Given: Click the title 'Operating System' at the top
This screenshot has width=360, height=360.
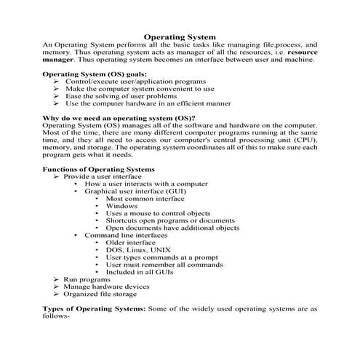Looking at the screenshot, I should click(180, 35).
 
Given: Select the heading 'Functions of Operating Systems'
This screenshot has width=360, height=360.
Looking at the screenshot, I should click(98, 169).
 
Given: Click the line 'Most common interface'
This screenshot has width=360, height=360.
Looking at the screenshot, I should click(145, 199).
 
